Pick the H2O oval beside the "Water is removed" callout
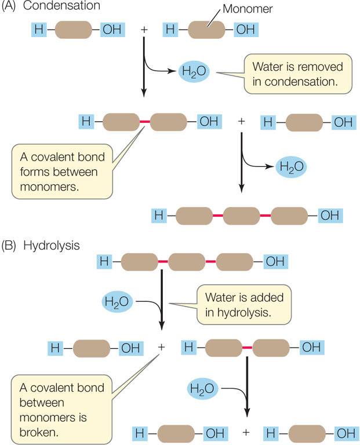(198, 72)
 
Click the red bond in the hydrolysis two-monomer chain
(246, 347)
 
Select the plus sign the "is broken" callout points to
(161, 347)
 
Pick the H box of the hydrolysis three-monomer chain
(105, 262)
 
